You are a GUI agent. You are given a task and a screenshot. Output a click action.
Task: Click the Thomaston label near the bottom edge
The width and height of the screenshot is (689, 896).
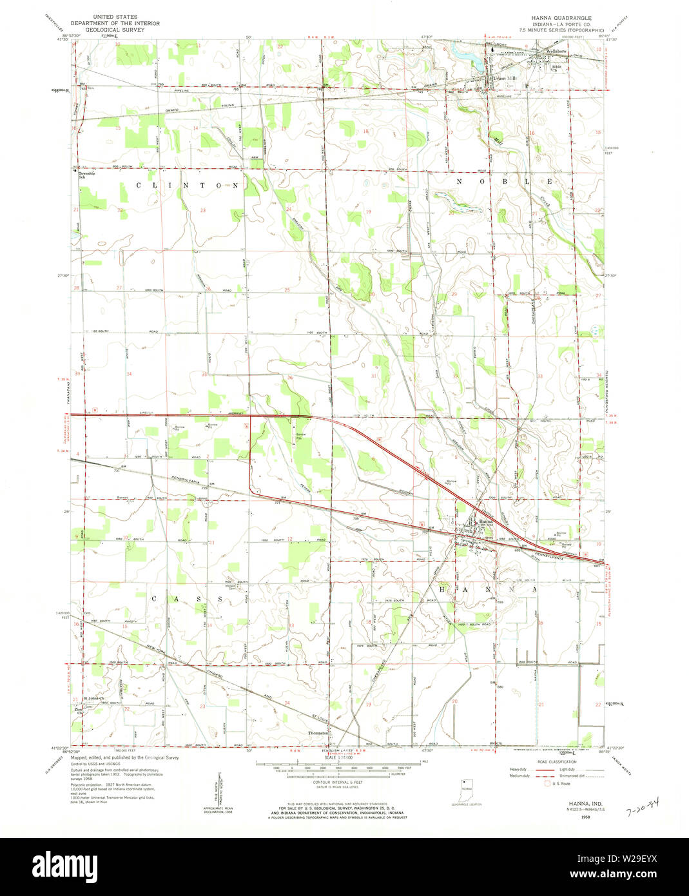[x=318, y=733]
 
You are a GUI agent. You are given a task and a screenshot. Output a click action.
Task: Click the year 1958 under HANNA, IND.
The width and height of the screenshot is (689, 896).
[x=567, y=817]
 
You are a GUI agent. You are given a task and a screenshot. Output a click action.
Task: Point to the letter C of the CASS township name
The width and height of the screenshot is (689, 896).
[x=155, y=599]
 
